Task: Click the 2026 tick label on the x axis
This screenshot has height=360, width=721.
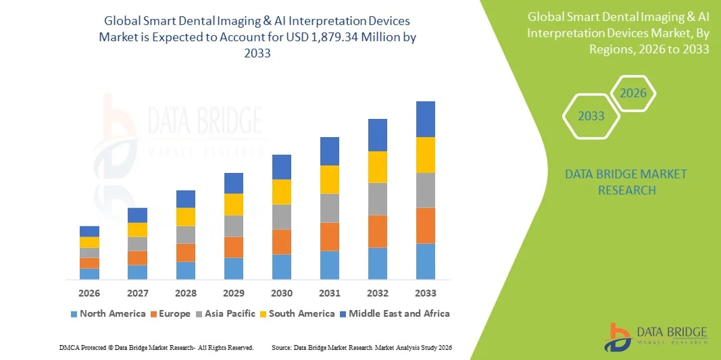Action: (x=89, y=293)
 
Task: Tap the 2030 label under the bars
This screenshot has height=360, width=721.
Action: (x=282, y=293)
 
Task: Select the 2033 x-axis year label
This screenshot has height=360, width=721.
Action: (x=426, y=293)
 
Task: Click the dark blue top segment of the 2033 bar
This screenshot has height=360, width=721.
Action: (x=426, y=119)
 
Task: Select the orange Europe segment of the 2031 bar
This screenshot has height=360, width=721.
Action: (x=330, y=236)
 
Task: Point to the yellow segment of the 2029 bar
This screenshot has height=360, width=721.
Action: (x=234, y=204)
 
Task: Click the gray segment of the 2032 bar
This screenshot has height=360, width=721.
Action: (x=378, y=199)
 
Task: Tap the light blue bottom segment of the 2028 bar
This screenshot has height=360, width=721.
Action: (x=186, y=270)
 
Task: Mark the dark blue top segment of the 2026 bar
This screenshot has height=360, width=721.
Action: (x=89, y=231)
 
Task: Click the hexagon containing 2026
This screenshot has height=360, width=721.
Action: (x=633, y=93)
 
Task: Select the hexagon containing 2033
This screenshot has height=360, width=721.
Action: (x=591, y=116)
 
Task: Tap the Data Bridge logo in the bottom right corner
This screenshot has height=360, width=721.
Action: (x=655, y=336)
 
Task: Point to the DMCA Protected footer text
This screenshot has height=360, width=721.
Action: (x=156, y=347)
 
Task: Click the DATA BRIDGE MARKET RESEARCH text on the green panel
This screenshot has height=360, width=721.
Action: (x=626, y=182)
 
